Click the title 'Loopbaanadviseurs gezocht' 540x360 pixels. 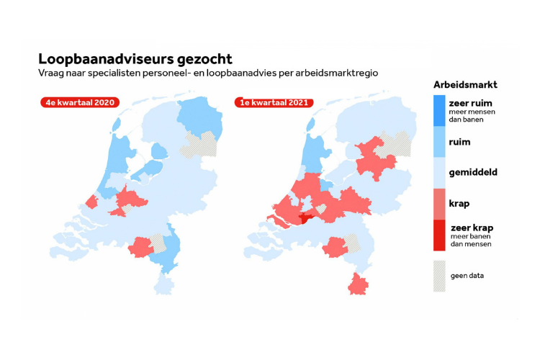(x=135, y=59)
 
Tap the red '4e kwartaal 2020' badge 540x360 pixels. (x=80, y=103)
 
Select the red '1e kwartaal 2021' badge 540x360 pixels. (x=274, y=103)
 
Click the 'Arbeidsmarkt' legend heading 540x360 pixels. (x=465, y=85)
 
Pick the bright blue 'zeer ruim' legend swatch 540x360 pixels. (x=439, y=111)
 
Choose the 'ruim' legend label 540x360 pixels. (x=459, y=142)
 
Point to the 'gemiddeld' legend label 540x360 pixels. (x=473, y=172)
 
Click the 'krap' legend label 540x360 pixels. (x=459, y=204)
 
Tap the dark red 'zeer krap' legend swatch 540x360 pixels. (x=439, y=235)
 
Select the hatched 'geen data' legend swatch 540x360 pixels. (x=439, y=276)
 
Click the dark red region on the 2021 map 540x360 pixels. (x=305, y=217)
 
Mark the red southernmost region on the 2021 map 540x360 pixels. (x=358, y=284)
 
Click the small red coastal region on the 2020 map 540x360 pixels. (x=92, y=202)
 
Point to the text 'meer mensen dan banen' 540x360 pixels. (x=472, y=116)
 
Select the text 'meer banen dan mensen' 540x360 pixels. (x=471, y=240)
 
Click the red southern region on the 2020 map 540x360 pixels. (x=140, y=247)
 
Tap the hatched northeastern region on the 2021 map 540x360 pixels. (x=395, y=144)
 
